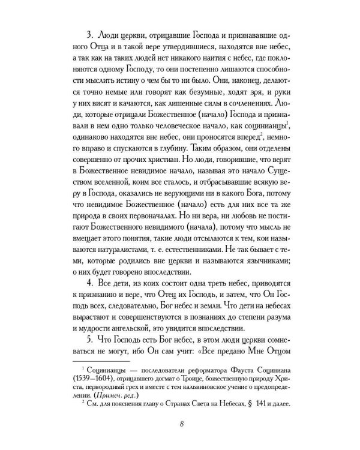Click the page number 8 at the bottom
click(181, 425)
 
